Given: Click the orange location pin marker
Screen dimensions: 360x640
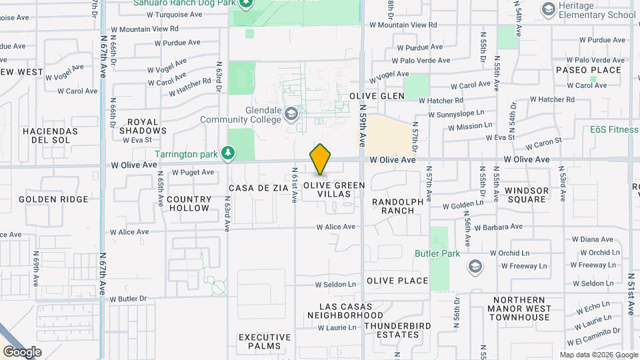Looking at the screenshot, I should point(320,160).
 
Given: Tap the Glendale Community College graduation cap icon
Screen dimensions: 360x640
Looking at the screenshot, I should point(291,114).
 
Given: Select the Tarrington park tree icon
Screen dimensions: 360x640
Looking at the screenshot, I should point(228,154).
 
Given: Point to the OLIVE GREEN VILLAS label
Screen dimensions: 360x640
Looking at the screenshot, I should point(335,190).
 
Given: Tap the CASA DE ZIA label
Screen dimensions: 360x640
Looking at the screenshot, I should point(259,189).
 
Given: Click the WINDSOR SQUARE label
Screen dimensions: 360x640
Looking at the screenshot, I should point(527,195).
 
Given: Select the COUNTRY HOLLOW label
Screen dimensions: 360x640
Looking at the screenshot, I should point(189,203).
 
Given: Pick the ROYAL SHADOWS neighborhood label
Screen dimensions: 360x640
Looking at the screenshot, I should point(143,127).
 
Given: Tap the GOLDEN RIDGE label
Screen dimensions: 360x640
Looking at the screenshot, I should point(53,199).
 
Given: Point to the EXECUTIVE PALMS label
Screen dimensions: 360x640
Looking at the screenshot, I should point(265,342).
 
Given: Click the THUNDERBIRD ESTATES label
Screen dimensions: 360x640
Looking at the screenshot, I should point(397,330).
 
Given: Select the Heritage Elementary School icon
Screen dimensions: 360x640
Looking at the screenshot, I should point(549,9).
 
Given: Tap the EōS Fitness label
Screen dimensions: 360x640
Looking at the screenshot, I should point(613,130).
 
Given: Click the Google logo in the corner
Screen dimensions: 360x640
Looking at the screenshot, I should point(22,351).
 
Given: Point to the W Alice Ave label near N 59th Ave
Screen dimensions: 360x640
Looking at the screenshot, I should point(336,227).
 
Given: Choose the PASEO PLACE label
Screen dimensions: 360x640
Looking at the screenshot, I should point(588,70).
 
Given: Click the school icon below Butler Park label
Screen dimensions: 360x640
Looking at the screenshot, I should point(475,267).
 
